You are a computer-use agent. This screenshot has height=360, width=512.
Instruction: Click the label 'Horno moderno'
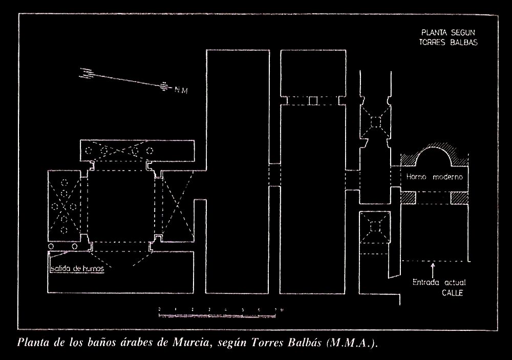tap(435, 178)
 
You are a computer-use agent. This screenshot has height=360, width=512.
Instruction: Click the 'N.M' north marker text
tap(180, 91)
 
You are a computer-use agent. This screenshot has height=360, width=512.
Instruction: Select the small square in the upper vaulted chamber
tap(376, 121)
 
